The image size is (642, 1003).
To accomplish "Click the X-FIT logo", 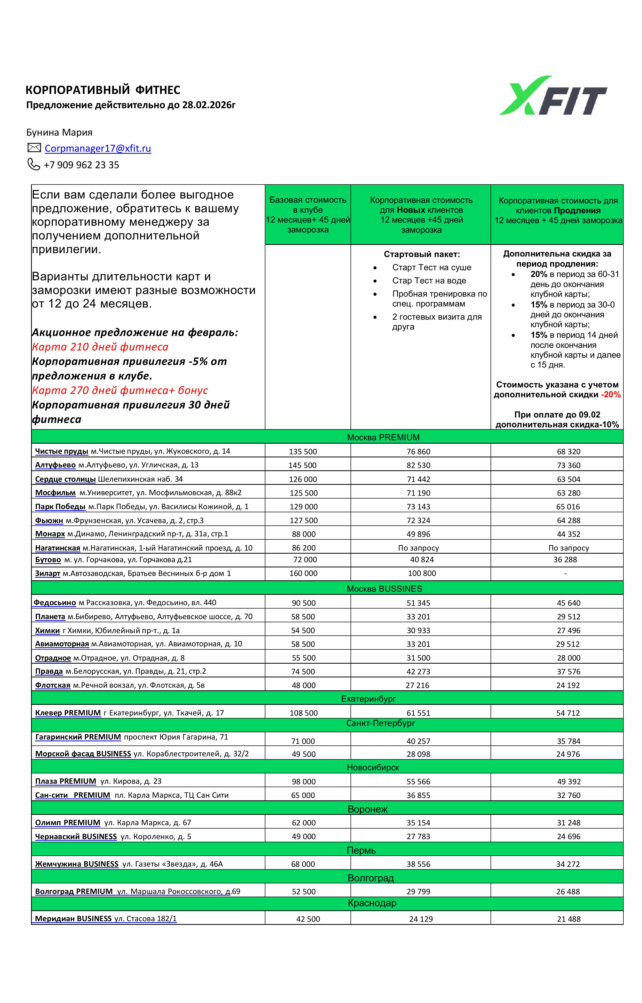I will [x=553, y=96].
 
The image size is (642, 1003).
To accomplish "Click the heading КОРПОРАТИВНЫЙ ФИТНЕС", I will [x=103, y=90].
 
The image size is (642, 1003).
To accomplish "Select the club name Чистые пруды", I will [x=62, y=451].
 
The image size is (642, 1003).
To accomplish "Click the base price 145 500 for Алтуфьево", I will [x=302, y=465].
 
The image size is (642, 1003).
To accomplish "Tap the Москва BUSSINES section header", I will [x=384, y=589].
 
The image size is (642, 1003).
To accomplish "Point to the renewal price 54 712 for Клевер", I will [x=568, y=713].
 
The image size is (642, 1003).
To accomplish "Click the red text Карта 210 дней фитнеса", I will [x=100, y=347].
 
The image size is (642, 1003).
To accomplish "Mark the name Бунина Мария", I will [x=59, y=133].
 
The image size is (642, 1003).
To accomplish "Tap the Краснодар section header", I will [x=372, y=903].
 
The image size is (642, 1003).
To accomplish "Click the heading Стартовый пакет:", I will [x=421, y=254].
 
